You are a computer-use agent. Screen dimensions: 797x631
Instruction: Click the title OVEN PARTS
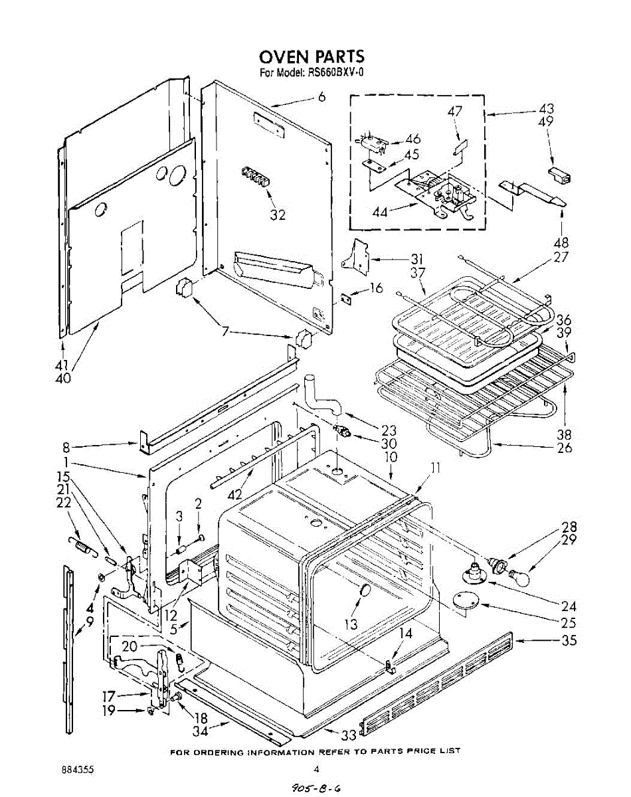coord(312,56)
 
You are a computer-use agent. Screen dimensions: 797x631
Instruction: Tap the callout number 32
coord(278,215)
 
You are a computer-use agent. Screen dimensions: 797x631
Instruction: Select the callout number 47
coord(454,112)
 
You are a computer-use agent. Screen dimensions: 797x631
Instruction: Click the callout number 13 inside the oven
coord(351,624)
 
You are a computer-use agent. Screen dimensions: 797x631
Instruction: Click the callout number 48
coord(561,242)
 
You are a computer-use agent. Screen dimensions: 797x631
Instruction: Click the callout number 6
coord(321,97)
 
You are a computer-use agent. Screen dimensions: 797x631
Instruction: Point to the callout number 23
coord(389,430)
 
